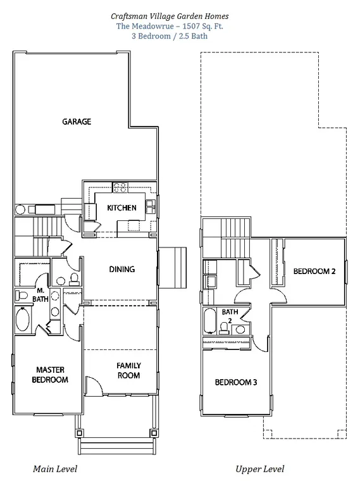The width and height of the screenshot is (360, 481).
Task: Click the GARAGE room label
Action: point(77,122)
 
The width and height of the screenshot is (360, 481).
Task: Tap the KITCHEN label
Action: point(121,208)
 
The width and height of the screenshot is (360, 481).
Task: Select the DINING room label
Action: point(122,270)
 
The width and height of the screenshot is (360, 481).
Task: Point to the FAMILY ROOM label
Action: point(129,371)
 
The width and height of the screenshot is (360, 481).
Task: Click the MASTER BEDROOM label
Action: point(50,375)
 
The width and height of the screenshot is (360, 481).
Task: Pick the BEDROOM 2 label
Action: point(314,271)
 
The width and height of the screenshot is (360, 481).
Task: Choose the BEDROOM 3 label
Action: point(236,382)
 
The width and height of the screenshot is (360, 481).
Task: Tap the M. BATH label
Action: point(40,294)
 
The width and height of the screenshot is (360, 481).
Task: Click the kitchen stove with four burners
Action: point(120,187)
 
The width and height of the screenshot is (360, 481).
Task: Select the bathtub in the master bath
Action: point(23,320)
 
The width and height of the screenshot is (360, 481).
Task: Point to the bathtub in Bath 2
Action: point(210,321)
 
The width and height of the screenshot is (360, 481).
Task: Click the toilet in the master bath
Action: point(21,296)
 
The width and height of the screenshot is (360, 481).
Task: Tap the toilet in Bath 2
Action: point(224,328)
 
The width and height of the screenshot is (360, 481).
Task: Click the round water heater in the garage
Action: point(20,210)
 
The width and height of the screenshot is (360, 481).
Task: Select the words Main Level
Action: point(55,469)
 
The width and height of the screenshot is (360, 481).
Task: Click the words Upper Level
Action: point(260,469)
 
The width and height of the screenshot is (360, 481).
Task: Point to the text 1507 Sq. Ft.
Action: point(202,26)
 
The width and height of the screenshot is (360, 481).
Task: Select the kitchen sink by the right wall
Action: point(149,206)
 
